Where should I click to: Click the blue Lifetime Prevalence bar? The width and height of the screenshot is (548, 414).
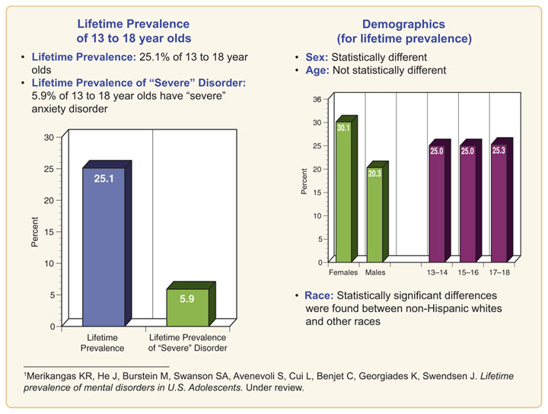pyautogui.click(x=103, y=251)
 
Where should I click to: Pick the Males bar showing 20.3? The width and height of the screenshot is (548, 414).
pyautogui.click(x=374, y=217)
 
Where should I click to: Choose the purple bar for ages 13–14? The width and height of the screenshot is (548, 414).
pyautogui.click(x=436, y=205)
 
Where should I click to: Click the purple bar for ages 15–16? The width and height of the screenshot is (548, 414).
pyautogui.click(x=467, y=205)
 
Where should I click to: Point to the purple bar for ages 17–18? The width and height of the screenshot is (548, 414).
pyautogui.click(x=499, y=205)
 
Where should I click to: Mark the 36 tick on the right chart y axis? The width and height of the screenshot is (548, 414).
pyautogui.click(x=317, y=100)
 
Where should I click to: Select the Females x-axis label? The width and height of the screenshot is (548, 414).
pyautogui.click(x=342, y=272)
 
